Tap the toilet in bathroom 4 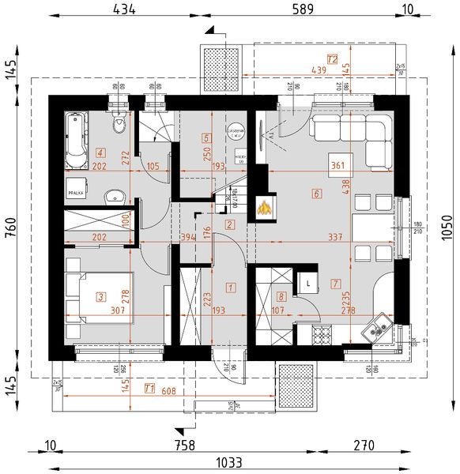[119, 125]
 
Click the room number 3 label [100, 297]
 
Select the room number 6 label [316, 194]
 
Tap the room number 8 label [281, 297]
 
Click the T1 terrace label [149, 387]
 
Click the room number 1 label [230, 288]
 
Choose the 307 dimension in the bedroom [119, 310]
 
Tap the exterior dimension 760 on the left [10, 235]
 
